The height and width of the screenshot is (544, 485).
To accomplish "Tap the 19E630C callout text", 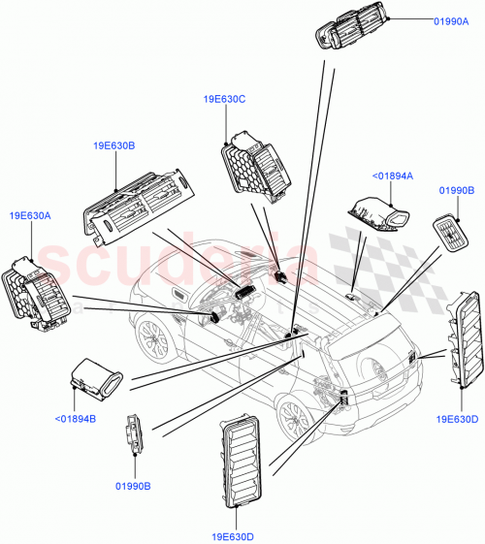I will point(224,98).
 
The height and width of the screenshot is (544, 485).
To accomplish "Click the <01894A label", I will point(393,176).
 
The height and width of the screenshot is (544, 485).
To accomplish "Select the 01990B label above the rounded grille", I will point(456,191).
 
